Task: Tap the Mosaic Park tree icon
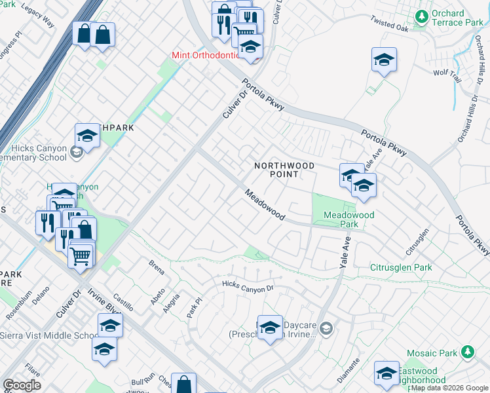(468, 352)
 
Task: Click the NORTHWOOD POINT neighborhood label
(284, 170)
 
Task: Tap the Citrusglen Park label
(402, 267)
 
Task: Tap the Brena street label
(157, 267)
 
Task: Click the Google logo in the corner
(22, 385)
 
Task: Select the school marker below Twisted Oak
(384, 60)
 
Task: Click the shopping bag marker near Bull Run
(184, 384)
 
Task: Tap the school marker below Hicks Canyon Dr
(269, 327)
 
